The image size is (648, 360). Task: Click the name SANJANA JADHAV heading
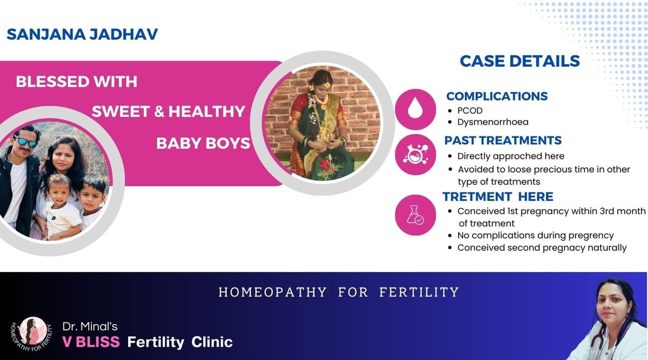pyautogui.click(x=82, y=34)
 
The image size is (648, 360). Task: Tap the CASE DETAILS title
pyautogui.click(x=520, y=61)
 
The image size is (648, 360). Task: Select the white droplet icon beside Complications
pyautogui.click(x=415, y=107)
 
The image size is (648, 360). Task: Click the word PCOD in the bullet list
pyautogui.click(x=470, y=111)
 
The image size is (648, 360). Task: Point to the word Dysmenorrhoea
pyautogui.click(x=493, y=122)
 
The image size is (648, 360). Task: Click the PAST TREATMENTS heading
pyautogui.click(x=503, y=140)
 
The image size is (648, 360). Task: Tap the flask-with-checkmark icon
pyautogui.click(x=415, y=215)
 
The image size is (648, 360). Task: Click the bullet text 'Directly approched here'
pyautogui.click(x=510, y=156)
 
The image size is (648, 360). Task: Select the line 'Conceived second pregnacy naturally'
pyautogui.click(x=542, y=248)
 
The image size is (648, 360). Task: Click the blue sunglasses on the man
pyautogui.click(x=25, y=142)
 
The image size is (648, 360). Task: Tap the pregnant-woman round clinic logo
pyautogui.click(x=32, y=334)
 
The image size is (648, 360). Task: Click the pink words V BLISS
pyautogui.click(x=91, y=342)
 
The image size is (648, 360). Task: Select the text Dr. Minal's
pyautogui.click(x=90, y=327)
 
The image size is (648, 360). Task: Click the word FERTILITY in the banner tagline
pyautogui.click(x=419, y=292)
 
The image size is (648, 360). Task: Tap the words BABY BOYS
pyautogui.click(x=203, y=143)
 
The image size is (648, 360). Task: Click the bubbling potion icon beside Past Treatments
pyautogui.click(x=415, y=154)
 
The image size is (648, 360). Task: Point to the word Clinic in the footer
pyautogui.click(x=212, y=342)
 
